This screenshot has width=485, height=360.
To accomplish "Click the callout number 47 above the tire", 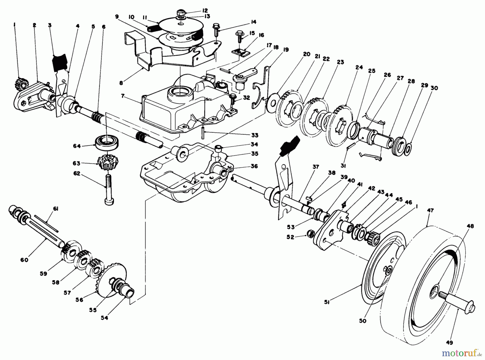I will pyautogui.click(x=430, y=210).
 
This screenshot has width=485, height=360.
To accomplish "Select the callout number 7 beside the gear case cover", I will pyautogui.click(x=123, y=96).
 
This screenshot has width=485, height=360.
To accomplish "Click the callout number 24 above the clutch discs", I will pyautogui.click(x=359, y=67).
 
